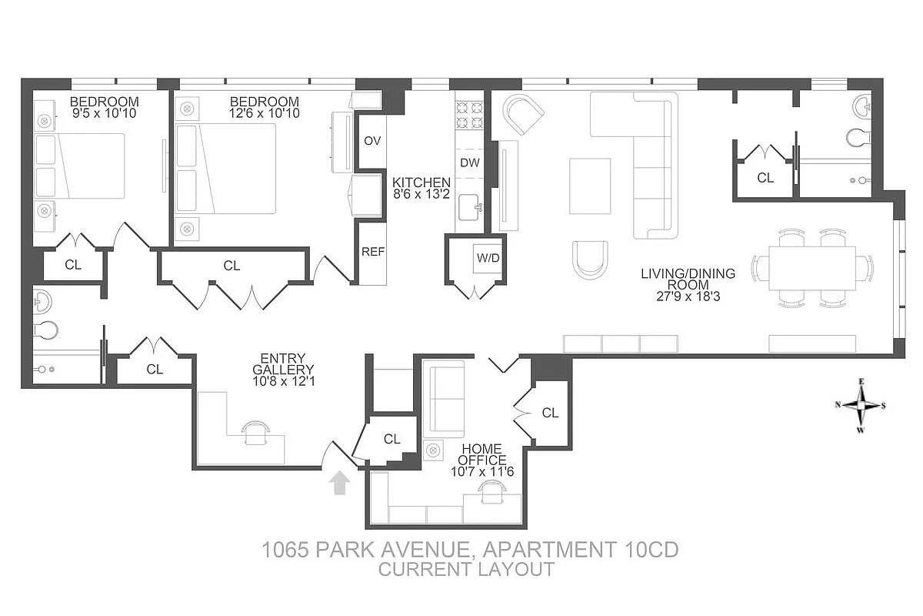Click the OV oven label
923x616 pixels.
tap(372, 141)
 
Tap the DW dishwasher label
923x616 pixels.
tap(469, 163)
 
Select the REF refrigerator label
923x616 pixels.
tap(373, 252)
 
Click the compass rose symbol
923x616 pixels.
tap(862, 405)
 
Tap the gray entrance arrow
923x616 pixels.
tap(339, 483)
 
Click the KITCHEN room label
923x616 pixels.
tap(422, 182)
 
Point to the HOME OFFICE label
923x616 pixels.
tap(482, 454)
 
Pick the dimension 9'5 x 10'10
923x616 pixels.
tap(104, 113)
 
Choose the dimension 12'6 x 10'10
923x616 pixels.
tap(264, 113)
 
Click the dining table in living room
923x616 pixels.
tap(812, 268)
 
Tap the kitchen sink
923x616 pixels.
tap(470, 206)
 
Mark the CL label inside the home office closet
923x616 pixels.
tap(550, 413)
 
